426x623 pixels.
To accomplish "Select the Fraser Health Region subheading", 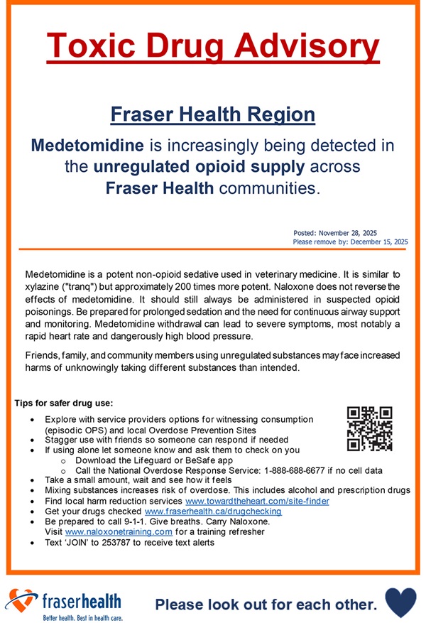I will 213,114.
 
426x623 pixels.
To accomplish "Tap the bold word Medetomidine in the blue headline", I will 87,146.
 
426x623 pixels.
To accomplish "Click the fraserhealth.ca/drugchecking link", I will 213,511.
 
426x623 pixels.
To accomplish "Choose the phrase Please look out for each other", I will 266,605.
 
